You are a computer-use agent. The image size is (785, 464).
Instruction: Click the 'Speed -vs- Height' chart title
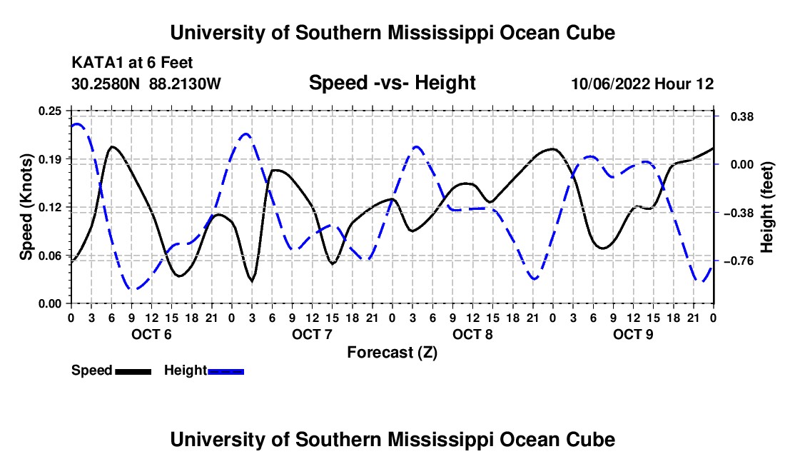[x=392, y=83]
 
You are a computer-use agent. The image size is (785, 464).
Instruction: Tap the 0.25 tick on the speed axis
[x=49, y=111]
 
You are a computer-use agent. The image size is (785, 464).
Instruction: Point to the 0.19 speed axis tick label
[x=49, y=159]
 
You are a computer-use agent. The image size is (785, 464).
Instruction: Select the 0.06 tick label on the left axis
[x=49, y=256]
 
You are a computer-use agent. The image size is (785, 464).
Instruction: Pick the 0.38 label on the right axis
[x=742, y=116]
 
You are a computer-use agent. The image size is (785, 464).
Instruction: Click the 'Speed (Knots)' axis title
[x=26, y=207]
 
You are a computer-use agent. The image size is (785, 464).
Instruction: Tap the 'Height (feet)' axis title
[x=766, y=207]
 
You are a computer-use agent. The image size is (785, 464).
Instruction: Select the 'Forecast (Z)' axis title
[x=392, y=353]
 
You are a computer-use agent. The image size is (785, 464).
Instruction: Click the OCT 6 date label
[x=151, y=334]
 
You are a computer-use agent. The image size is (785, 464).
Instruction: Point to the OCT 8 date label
[x=472, y=334]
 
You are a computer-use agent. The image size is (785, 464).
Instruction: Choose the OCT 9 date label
[x=633, y=334]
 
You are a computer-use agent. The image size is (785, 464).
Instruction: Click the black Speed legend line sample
[x=133, y=372]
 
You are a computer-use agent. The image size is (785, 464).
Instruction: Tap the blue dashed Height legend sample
[x=226, y=372]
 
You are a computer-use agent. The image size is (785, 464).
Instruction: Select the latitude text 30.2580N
[x=106, y=84]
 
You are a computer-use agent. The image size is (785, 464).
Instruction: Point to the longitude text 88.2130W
[x=185, y=84]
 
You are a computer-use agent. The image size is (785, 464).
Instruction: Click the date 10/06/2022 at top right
[x=610, y=84]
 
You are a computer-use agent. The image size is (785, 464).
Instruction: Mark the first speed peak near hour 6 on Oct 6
[x=112, y=146]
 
